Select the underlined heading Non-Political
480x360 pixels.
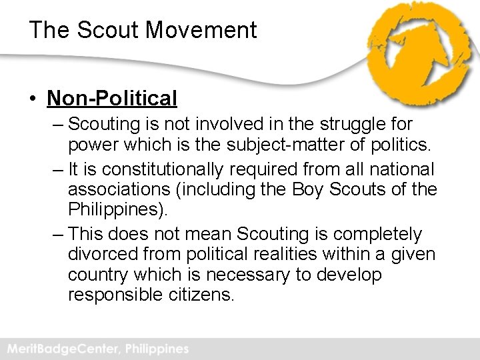[111, 99]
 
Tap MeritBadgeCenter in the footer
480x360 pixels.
[60, 349]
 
